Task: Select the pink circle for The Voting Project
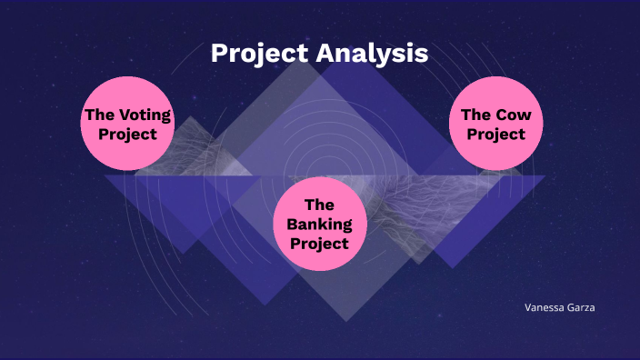click(x=127, y=123)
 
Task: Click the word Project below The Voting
click(x=127, y=134)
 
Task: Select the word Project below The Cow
click(x=495, y=135)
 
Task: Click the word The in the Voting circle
click(x=96, y=115)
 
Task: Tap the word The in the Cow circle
click(x=476, y=115)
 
